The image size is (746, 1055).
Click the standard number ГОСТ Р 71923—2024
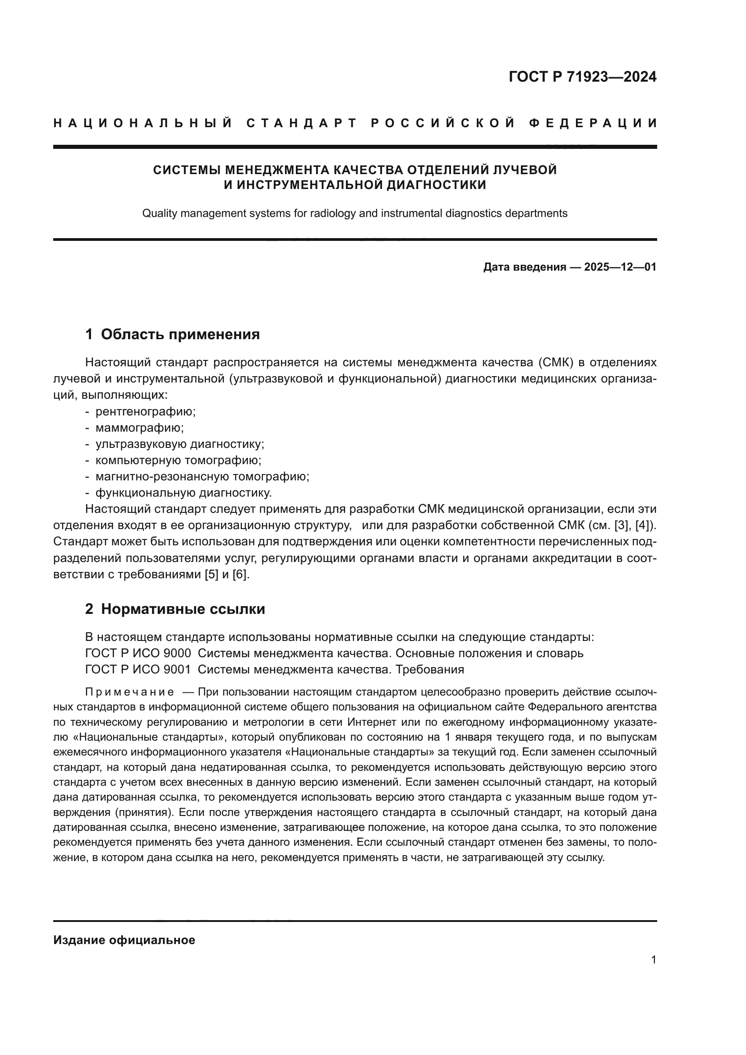tap(582, 77)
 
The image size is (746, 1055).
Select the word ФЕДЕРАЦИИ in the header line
tap(593, 123)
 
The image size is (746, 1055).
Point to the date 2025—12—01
tap(620, 267)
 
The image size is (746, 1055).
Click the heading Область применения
tap(180, 334)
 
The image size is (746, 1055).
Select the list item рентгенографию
tap(145, 411)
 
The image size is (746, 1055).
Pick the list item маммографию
tap(139, 428)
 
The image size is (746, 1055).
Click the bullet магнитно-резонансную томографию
tap(202, 476)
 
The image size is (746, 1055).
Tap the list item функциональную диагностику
tap(183, 493)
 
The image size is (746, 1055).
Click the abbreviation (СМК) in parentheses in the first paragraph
tap(554, 363)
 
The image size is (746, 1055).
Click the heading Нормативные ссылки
tap(183, 609)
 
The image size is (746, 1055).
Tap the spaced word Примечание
tap(129, 692)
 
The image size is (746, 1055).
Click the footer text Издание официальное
tap(124, 940)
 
